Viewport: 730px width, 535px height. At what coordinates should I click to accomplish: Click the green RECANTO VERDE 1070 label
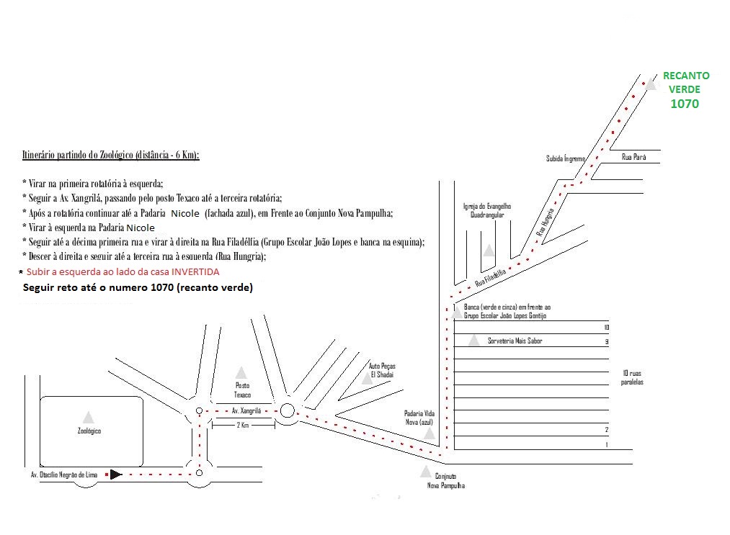(686, 89)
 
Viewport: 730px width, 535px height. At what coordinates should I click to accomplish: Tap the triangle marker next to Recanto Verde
(651, 83)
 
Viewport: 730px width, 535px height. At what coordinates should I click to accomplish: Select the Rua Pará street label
(634, 156)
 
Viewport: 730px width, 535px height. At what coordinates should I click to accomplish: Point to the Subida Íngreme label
(566, 158)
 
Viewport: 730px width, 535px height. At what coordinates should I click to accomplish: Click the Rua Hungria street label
(546, 222)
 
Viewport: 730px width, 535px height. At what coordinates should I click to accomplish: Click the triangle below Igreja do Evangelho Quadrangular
(489, 250)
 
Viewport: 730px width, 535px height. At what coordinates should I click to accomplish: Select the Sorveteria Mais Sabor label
(515, 341)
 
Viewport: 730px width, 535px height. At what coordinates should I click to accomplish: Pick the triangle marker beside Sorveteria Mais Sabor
(473, 341)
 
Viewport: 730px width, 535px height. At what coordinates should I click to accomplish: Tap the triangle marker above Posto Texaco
(241, 372)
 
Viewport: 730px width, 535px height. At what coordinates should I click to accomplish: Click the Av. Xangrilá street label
(245, 410)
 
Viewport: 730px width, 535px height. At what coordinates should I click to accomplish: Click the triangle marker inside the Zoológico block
(88, 416)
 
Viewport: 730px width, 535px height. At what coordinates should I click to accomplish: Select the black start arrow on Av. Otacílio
(115, 474)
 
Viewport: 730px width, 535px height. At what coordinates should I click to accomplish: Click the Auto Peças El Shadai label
(383, 370)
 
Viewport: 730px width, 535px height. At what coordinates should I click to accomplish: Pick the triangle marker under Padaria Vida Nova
(429, 433)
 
